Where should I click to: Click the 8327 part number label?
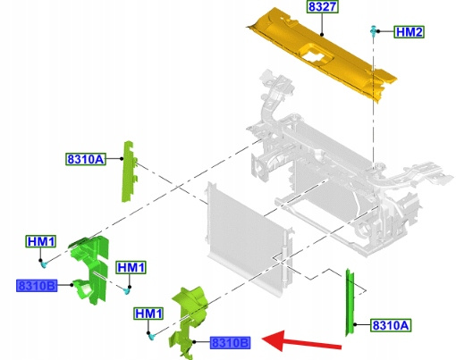323,6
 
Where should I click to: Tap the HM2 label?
409,32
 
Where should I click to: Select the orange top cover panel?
322,54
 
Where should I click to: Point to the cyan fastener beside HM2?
373,31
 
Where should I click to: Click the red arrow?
301,341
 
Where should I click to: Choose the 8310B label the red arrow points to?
230,343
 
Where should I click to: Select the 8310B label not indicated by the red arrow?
37,286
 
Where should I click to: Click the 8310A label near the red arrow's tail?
391,325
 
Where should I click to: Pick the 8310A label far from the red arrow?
86,159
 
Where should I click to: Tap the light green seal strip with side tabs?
128,172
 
